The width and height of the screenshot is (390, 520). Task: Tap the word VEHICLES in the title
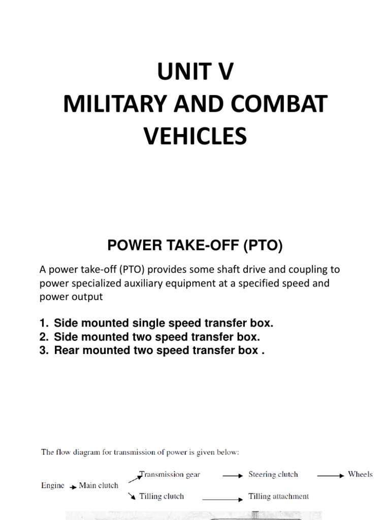(x=195, y=137)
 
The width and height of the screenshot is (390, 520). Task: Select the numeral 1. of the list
(x=44, y=323)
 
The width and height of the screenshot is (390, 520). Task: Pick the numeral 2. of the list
(x=44, y=337)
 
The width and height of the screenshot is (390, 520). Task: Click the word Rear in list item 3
(x=66, y=351)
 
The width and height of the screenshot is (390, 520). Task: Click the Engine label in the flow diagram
(x=53, y=485)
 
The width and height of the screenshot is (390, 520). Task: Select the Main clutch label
(x=99, y=485)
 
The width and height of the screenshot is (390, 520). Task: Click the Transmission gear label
(x=170, y=475)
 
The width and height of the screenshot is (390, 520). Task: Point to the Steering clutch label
(x=273, y=475)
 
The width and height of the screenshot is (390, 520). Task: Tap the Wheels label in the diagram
(x=360, y=475)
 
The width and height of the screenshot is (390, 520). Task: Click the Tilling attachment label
(x=278, y=496)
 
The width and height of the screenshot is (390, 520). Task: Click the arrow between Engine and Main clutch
(x=73, y=486)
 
